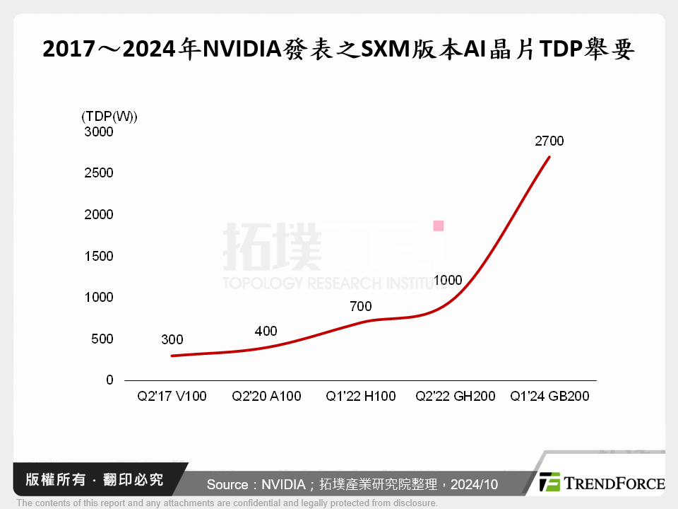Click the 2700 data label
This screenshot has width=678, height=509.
(x=549, y=141)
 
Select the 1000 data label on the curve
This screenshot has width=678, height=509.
(x=448, y=280)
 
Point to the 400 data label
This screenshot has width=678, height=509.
(x=266, y=331)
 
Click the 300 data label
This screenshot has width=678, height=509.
(x=172, y=340)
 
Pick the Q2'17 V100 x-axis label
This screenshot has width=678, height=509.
(x=172, y=396)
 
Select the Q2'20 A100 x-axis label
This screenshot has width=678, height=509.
(x=266, y=396)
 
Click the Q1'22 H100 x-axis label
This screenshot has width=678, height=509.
(x=360, y=396)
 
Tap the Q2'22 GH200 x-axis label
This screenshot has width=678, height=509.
(x=455, y=396)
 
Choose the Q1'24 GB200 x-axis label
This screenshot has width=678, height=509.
(x=549, y=396)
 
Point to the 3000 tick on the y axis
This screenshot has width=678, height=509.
(x=98, y=131)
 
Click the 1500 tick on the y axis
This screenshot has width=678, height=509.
(x=98, y=256)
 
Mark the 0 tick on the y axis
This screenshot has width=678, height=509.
(x=109, y=380)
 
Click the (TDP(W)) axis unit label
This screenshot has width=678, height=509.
(x=109, y=116)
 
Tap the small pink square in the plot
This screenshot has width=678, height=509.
(x=439, y=226)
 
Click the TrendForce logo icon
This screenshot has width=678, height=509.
(x=549, y=482)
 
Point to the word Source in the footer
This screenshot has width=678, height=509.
(x=227, y=485)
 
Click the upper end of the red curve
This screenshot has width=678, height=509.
(x=549, y=157)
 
